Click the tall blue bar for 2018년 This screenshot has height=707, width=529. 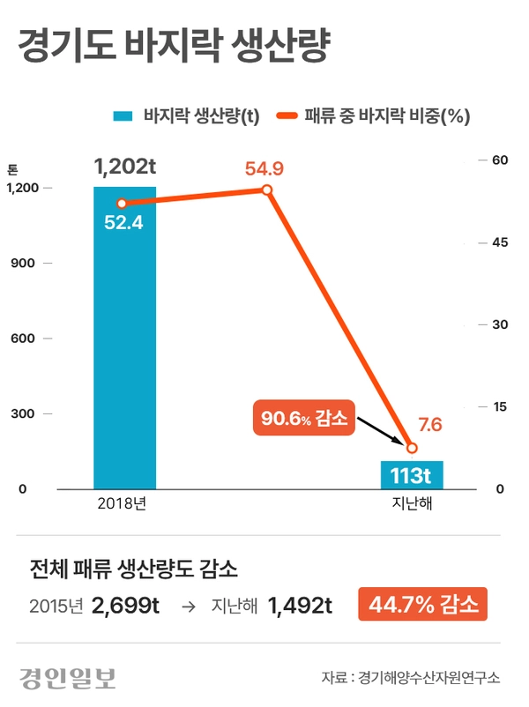(x=124, y=338)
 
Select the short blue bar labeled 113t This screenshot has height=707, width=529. (x=412, y=475)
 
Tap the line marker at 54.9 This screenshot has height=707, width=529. (x=267, y=190)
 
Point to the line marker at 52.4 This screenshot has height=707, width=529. (x=122, y=204)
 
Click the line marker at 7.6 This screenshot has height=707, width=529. (x=412, y=448)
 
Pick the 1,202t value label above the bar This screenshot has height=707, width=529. (x=125, y=167)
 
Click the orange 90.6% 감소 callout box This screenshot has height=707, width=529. (x=304, y=418)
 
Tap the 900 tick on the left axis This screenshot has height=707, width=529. (x=23, y=263)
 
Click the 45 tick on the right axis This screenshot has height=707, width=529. (x=500, y=242)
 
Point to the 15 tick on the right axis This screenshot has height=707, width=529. (x=500, y=406)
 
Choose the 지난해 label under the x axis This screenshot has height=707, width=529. (x=412, y=503)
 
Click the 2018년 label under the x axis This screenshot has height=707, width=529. (x=122, y=503)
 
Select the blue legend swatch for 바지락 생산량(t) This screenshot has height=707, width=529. (x=123, y=116)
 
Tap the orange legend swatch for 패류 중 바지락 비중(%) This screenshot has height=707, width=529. (x=287, y=115)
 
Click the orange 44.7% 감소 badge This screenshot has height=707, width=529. (x=422, y=604)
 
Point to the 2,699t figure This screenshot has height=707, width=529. (x=125, y=606)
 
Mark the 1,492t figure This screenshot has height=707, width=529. (x=300, y=606)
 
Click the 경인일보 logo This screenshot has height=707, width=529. (x=68, y=678)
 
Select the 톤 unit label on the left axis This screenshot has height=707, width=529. (x=12, y=169)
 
